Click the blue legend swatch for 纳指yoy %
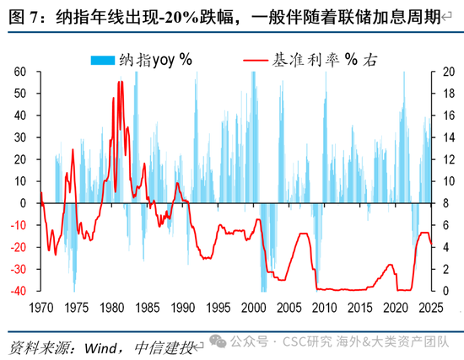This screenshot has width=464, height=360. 103,60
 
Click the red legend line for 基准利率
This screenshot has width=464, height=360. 256,61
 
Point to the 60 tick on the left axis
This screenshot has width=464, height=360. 20,72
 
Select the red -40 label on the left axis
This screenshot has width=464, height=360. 19,291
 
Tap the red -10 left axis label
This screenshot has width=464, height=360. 19,225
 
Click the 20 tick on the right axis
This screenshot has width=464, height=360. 449,72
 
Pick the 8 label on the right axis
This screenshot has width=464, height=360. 445,203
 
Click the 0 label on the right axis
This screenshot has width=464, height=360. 445,291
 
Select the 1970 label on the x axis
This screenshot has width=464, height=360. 41,308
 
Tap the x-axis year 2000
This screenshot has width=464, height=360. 254,308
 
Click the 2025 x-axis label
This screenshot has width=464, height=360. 431,308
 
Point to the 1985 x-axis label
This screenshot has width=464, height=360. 148,308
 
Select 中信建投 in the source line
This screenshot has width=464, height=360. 164,348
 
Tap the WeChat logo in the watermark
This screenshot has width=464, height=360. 219,341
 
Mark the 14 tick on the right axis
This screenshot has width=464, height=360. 449,137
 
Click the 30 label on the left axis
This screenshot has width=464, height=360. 20,137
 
